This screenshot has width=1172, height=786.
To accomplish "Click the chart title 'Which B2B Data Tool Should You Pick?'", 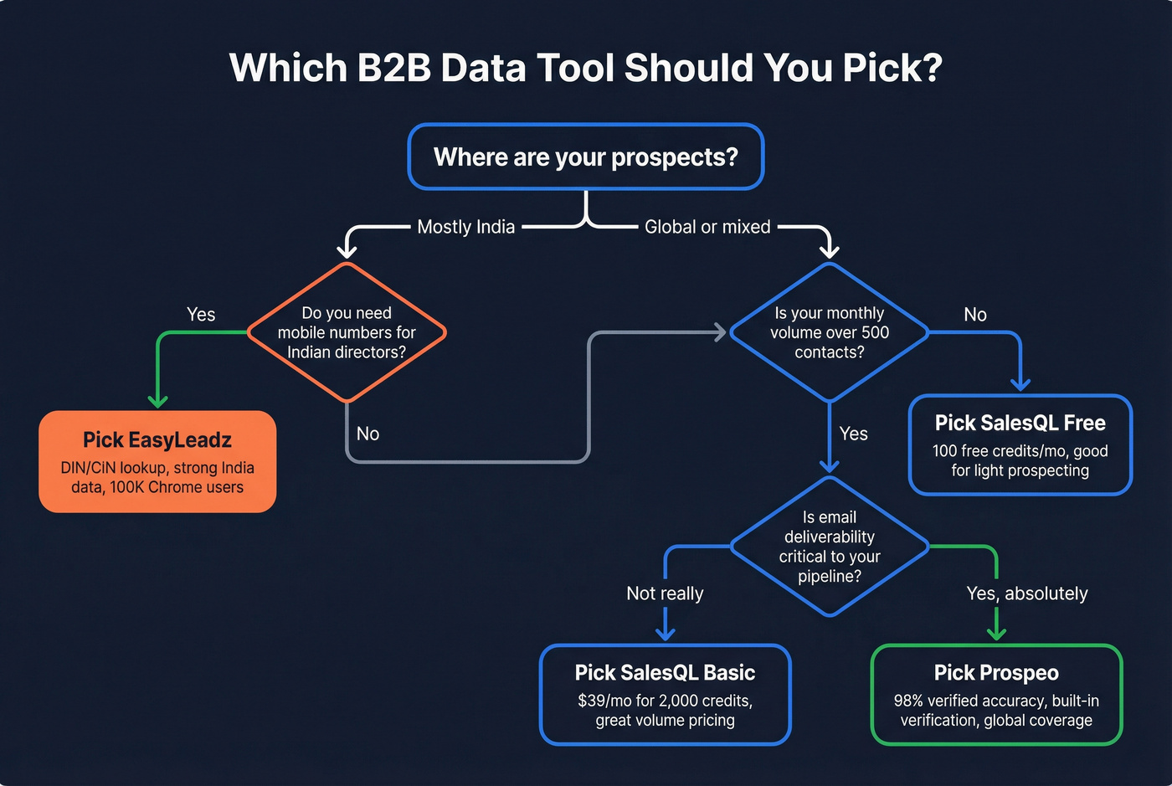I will (586, 68).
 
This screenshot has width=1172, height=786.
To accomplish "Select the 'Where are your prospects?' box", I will (586, 157).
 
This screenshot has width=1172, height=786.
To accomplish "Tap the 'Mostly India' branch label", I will (465, 227).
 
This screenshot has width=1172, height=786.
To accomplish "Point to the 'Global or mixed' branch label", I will (707, 227).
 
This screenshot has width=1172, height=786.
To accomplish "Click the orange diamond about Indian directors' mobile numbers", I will (347, 332).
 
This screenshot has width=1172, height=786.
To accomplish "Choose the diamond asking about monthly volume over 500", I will (829, 332).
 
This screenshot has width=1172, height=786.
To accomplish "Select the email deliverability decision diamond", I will (829, 547).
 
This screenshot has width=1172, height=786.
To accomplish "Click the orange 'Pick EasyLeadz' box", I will (157, 461).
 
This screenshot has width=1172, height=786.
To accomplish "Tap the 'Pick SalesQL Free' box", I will (1020, 444).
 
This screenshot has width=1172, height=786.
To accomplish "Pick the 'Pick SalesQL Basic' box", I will (665, 694).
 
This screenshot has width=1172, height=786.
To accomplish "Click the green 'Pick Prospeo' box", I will (996, 694).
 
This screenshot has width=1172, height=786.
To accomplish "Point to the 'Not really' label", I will (665, 593).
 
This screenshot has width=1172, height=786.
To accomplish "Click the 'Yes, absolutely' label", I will (1027, 593).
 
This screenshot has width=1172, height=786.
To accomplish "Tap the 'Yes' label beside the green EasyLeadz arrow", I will (201, 314).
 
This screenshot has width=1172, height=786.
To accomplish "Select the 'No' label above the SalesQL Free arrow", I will (975, 315).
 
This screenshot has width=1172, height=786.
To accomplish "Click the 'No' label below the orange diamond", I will (368, 434).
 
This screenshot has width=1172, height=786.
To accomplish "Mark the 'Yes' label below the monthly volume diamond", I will (853, 434).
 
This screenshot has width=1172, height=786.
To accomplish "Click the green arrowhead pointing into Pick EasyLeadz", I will (157, 401).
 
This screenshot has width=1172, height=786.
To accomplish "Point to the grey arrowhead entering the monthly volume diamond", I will (719, 332).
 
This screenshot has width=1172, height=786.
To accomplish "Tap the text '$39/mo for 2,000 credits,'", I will (665, 701).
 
